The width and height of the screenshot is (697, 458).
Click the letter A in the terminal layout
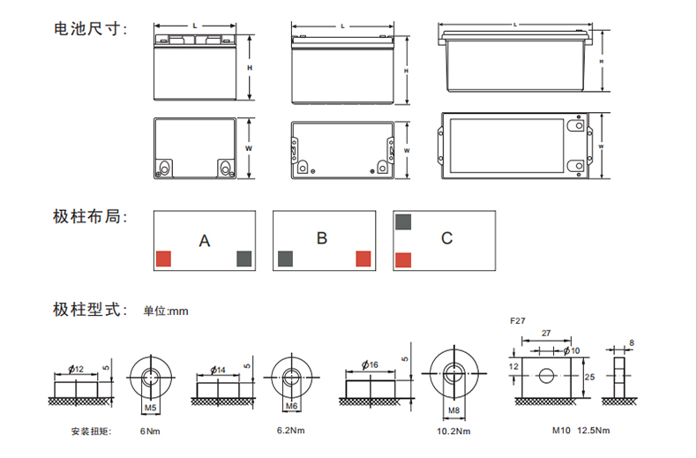(204, 241)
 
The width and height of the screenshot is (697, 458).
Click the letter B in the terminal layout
(322, 238)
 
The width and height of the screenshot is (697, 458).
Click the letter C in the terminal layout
(446, 238)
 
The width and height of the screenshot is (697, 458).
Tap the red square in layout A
(163, 259)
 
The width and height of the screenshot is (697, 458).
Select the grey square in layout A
(244, 259)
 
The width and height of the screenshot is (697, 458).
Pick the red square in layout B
(363, 259)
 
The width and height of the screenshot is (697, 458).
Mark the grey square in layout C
(403, 221)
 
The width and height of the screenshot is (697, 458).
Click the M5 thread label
(151, 408)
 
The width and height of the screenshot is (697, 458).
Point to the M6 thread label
(291, 406)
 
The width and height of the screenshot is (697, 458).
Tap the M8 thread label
(453, 410)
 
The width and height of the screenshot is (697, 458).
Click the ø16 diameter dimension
(370, 365)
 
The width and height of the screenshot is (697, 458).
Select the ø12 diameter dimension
(76, 369)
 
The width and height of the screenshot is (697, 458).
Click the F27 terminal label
(518, 320)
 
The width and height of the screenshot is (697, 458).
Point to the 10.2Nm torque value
(453, 432)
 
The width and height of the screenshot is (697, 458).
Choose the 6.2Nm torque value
(291, 431)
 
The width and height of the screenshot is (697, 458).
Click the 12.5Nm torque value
(594, 431)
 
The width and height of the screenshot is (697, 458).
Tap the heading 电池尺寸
(91, 28)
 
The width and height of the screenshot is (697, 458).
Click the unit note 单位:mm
(166, 311)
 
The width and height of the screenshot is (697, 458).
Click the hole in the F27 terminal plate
(546, 376)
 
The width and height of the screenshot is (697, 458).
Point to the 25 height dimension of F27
(589, 377)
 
